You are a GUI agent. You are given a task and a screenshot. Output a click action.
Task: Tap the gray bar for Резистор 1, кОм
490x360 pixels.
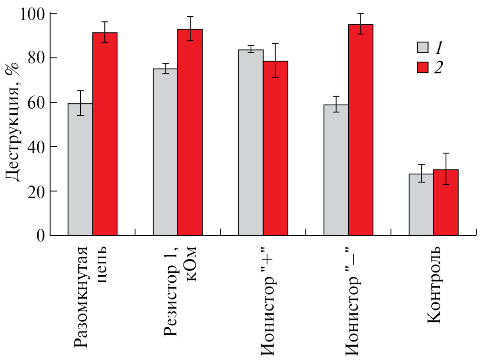pyautogui.click(x=165, y=152)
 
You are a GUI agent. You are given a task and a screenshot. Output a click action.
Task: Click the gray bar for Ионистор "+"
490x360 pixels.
pyautogui.click(x=251, y=142)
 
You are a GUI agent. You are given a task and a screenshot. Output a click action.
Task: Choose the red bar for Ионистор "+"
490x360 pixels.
pyautogui.click(x=276, y=148)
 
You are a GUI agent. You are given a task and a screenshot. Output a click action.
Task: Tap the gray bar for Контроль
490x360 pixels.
pyautogui.click(x=421, y=204)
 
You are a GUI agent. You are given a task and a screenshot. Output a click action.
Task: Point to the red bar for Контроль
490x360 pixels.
pyautogui.click(x=446, y=202)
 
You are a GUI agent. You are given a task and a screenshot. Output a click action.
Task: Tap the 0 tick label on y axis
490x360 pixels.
pyautogui.click(x=42, y=235)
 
